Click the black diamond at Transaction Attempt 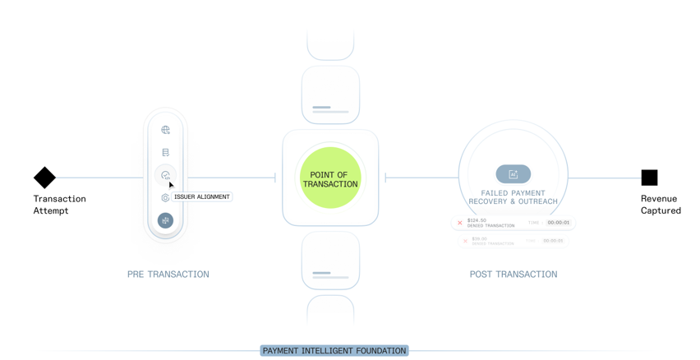(44, 178)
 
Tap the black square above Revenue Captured (649, 178)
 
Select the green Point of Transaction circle (330, 178)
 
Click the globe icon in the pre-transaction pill (165, 130)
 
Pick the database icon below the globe (165, 152)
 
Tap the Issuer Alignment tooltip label (201, 197)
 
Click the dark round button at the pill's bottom (165, 220)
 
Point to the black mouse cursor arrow (171, 185)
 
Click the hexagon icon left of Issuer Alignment (165, 198)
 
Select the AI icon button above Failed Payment (513, 174)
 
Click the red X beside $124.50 (460, 223)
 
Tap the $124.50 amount (477, 220)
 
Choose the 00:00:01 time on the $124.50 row (559, 223)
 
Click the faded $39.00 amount (480, 238)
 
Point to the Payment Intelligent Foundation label (334, 351)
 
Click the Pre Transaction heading (168, 275)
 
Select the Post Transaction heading (513, 275)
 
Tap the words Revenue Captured (661, 205)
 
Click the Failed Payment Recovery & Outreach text (513, 197)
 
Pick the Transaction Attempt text (59, 205)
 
